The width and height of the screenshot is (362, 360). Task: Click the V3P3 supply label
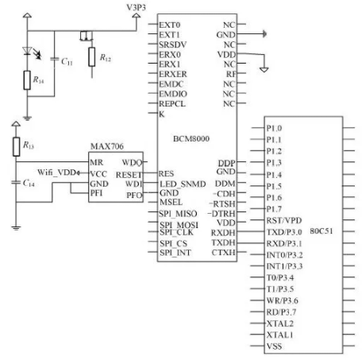click(x=136, y=7)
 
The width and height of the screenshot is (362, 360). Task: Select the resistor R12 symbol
click(x=91, y=56)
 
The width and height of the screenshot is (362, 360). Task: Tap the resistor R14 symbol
click(x=27, y=80)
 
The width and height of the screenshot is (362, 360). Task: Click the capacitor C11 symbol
click(x=55, y=59)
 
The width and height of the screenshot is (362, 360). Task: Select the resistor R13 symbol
click(x=16, y=146)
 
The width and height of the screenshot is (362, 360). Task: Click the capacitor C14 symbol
click(x=16, y=182)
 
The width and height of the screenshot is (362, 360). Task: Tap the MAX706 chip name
click(x=107, y=146)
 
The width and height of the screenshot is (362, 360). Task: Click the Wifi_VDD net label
click(x=56, y=172)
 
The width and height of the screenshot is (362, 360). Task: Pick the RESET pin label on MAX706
click(x=129, y=175)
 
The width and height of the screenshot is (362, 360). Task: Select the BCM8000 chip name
click(x=191, y=138)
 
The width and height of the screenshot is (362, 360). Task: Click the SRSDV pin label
click(x=172, y=45)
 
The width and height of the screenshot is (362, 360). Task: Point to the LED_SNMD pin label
click(x=183, y=184)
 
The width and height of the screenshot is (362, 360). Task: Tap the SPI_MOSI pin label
click(x=179, y=225)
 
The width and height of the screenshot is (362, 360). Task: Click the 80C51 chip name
click(x=322, y=231)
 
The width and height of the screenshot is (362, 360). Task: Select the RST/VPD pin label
click(x=284, y=220)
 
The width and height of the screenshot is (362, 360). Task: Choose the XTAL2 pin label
click(x=280, y=323)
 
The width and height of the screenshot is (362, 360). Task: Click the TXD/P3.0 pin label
click(x=284, y=232)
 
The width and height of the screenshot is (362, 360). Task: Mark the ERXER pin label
click(x=173, y=74)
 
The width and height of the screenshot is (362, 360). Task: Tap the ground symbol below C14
click(x=16, y=228)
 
